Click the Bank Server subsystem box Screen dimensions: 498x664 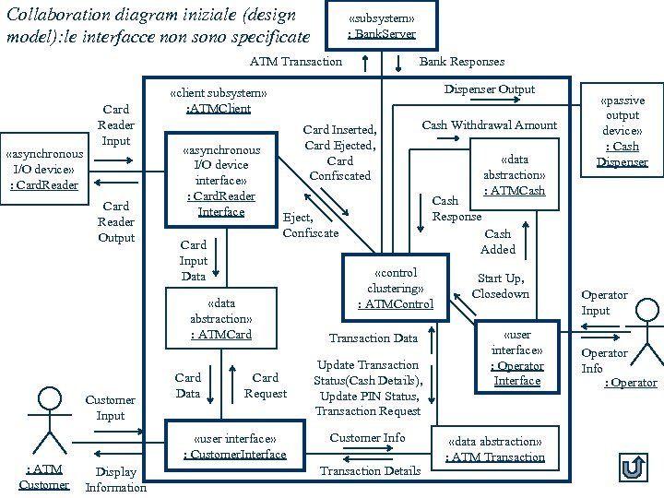pyautogui.click(x=381, y=25)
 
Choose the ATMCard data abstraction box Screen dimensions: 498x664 pyautogui.click(x=220, y=318)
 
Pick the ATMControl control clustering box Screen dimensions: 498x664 pyautogui.click(x=395, y=288)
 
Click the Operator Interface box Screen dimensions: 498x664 pyautogui.click(x=516, y=357)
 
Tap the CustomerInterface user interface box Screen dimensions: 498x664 pyautogui.click(x=234, y=445)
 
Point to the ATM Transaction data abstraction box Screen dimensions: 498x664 pyautogui.click(x=494, y=449)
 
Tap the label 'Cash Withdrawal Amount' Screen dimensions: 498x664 pyautogui.click(x=489, y=125)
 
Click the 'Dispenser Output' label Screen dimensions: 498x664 pyautogui.click(x=489, y=89)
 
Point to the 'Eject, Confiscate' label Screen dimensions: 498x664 pyautogui.click(x=311, y=225)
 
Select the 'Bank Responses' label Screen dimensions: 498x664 pyautogui.click(x=462, y=61)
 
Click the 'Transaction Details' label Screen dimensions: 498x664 pyautogui.click(x=370, y=470)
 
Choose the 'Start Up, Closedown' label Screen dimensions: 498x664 pyautogui.click(x=500, y=286)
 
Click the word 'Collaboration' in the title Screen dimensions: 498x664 pyautogui.click(x=56, y=15)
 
